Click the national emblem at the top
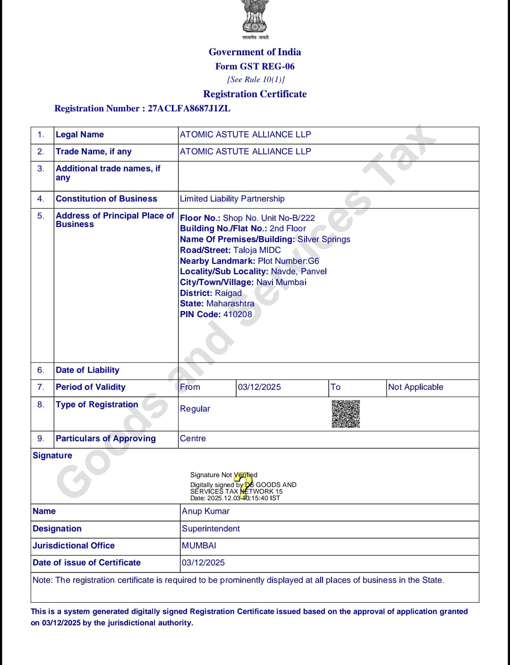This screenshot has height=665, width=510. pyautogui.click(x=255, y=17)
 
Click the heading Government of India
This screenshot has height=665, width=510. pyautogui.click(x=255, y=52)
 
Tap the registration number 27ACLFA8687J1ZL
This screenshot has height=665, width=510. pyautogui.click(x=189, y=109)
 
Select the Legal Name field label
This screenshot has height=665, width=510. pyautogui.click(x=80, y=135)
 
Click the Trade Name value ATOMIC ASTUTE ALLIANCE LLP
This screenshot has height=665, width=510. pyautogui.click(x=245, y=152)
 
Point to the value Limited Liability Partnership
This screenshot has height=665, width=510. pyautogui.click(x=232, y=199)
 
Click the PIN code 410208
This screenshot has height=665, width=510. pyautogui.click(x=238, y=314)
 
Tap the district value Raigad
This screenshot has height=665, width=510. pyautogui.click(x=228, y=293)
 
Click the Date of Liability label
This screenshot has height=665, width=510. pyautogui.click(x=87, y=370)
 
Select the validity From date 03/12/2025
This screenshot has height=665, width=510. pyautogui.click(x=259, y=387)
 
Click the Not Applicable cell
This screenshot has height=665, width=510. pyautogui.click(x=416, y=387)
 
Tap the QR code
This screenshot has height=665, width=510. pyautogui.click(x=346, y=414)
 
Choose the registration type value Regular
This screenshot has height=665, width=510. pyautogui.click(x=195, y=409)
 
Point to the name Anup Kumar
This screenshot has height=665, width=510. pyautogui.click(x=205, y=511)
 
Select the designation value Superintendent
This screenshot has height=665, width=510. pyautogui.click(x=211, y=529)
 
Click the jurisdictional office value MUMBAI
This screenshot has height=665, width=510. pyautogui.click(x=199, y=546)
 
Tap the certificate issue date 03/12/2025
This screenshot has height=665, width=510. pyautogui.click(x=203, y=563)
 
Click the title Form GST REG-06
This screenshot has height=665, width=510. pyautogui.click(x=255, y=67)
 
